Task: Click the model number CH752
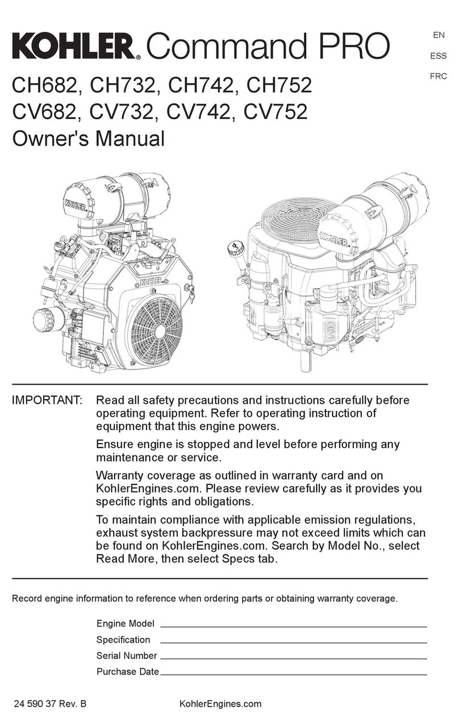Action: pyautogui.click(x=279, y=86)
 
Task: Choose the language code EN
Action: pyautogui.click(x=439, y=35)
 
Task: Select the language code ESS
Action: pyautogui.click(x=439, y=56)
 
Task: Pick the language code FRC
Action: pyautogui.click(x=438, y=76)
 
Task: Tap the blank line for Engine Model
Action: pyautogui.click(x=293, y=626)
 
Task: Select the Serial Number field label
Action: pyautogui.click(x=126, y=656)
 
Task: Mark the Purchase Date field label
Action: pyautogui.click(x=127, y=672)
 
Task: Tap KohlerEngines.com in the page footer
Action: pyautogui.click(x=220, y=704)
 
